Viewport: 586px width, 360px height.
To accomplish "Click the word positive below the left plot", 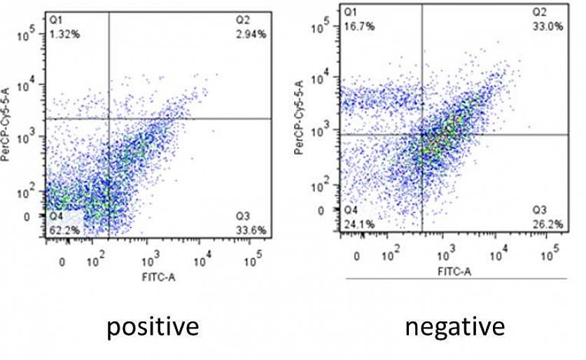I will (x=153, y=326).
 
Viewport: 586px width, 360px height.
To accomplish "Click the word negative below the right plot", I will (x=455, y=326).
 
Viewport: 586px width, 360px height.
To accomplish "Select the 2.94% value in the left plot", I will (x=251, y=33).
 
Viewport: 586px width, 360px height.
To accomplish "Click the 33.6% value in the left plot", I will (x=251, y=229).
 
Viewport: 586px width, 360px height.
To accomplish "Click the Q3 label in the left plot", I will (x=245, y=216).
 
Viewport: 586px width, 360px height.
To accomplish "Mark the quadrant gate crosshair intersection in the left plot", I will (x=109, y=118).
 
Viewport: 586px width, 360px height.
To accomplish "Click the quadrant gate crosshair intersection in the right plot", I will (x=422, y=134).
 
